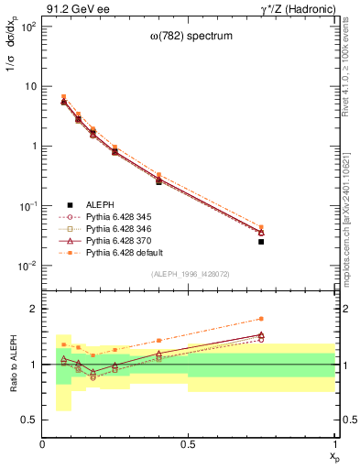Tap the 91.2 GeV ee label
pyautogui.click(x=72, y=8)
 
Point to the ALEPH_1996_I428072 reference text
pyautogui.click(x=190, y=274)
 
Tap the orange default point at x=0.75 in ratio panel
pyautogui.click(x=261, y=319)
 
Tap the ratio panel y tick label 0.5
pyautogui.click(x=29, y=420)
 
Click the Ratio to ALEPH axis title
pyautogui.click(x=12, y=365)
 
